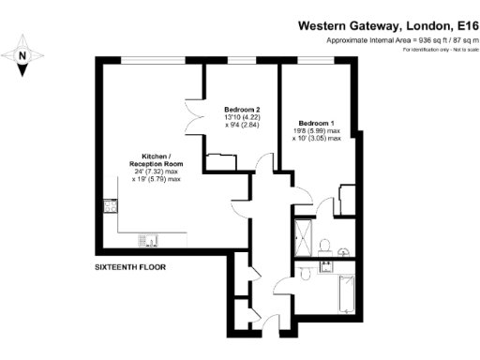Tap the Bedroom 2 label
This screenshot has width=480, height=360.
242,110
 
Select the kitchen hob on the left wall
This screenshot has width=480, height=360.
109,208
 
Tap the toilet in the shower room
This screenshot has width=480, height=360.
322,245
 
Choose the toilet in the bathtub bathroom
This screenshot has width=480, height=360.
309,269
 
